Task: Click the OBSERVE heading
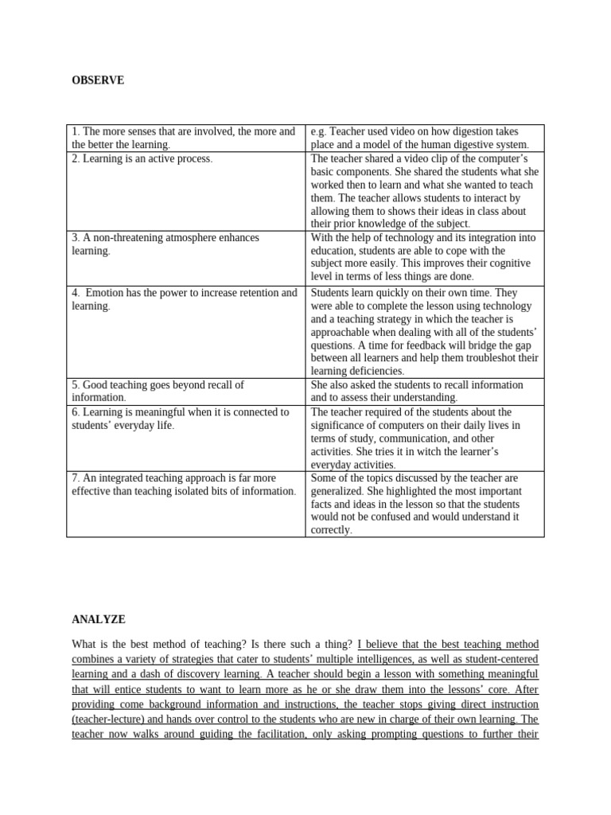point(98,80)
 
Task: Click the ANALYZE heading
point(99,619)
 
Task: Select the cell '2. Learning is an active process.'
point(142,158)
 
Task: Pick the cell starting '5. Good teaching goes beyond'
point(158,391)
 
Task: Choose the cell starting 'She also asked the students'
point(417,391)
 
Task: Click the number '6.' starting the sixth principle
point(76,412)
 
